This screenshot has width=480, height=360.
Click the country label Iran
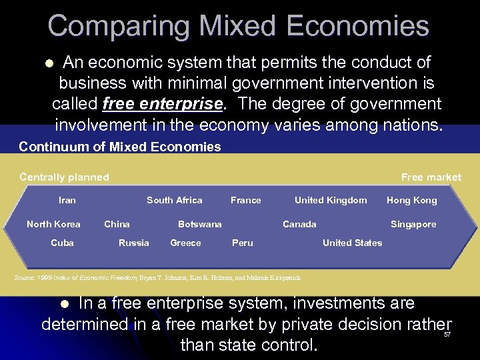point(67,200)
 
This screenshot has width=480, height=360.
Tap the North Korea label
point(53,224)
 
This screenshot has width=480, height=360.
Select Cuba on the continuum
point(63,243)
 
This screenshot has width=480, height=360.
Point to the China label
point(117,224)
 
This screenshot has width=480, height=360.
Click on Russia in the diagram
point(134,243)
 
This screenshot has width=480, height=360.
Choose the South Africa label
point(175,200)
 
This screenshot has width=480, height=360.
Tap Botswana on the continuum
point(200,224)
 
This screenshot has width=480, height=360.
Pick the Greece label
point(185,243)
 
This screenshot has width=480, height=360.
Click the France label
point(246,200)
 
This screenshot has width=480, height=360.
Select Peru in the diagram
point(243,243)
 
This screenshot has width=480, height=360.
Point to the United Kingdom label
point(331,200)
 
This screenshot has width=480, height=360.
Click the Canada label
point(300,224)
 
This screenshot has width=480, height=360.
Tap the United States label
point(353,243)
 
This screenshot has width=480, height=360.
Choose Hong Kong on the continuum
point(412,200)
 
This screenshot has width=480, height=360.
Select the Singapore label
point(413,224)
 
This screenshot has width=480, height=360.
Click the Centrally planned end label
point(64,177)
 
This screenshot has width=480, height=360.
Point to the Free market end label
point(431,177)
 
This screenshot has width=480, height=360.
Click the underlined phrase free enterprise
point(163,105)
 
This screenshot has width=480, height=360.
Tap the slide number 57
point(447,335)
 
